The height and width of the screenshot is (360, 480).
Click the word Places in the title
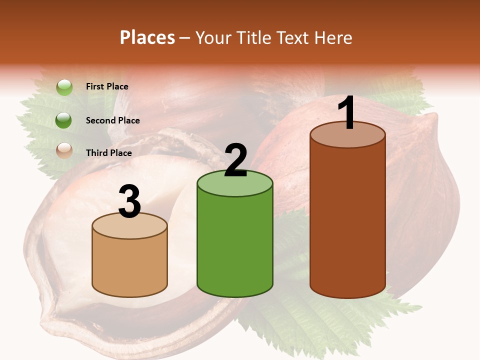[147, 37]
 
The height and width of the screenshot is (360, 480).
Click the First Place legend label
[107, 86]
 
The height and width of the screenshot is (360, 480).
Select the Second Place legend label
[112, 120]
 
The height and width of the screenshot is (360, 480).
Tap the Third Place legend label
[108, 153]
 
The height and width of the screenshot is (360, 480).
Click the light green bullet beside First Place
[64, 87]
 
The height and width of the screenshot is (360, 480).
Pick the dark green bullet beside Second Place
[64, 120]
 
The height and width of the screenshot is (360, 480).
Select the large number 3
[130, 201]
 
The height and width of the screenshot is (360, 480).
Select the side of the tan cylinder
[130, 265]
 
